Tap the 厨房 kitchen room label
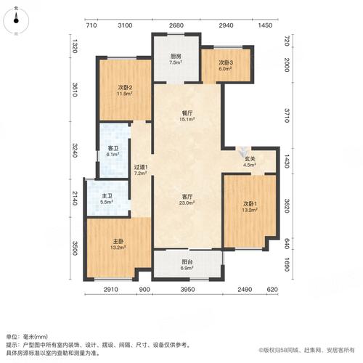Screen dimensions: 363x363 [x=175, y=56]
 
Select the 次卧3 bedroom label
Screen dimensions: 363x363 [x=225, y=62]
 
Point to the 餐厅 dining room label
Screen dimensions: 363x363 [x=187, y=113]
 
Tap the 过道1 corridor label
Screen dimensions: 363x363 [x=141, y=168]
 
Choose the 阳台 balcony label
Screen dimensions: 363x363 [x=187, y=263]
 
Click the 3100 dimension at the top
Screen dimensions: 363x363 [x=124, y=25]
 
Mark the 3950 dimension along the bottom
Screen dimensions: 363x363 [x=188, y=290]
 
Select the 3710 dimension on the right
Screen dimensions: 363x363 [x=287, y=113]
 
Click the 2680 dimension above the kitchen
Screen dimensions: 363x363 [x=176, y=25]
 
